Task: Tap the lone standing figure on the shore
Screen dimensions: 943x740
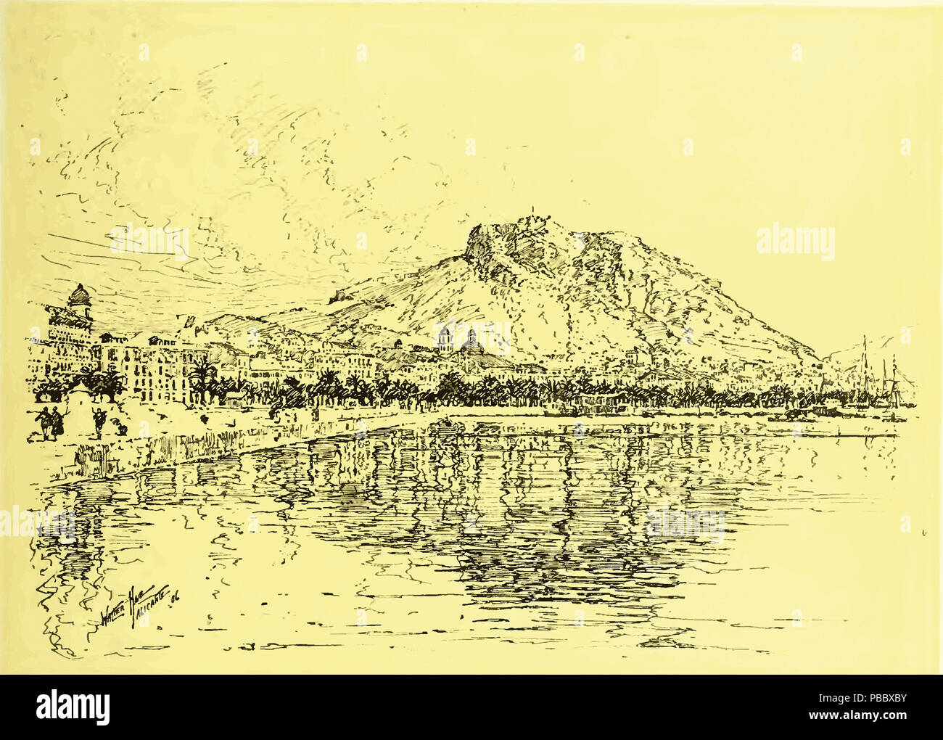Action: click(98, 422)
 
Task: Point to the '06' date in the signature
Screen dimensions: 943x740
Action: click(175, 597)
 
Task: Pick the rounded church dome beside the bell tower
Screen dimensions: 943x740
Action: click(472, 342)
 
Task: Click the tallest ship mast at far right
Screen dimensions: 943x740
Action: click(864, 370)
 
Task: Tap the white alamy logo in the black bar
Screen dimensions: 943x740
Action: click(73, 707)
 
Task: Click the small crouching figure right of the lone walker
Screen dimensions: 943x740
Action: click(123, 430)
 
